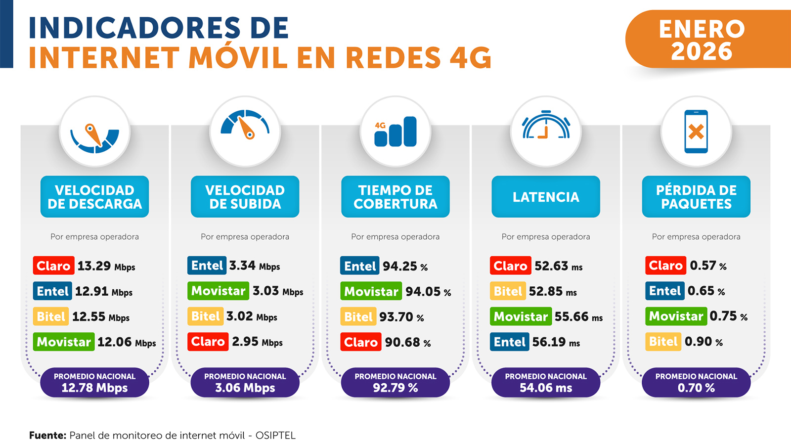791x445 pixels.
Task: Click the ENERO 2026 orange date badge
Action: coord(702,40)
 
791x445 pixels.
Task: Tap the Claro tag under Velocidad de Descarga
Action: coord(53,266)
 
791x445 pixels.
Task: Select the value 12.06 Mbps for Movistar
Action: coord(127,342)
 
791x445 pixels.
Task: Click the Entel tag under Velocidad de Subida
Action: coord(207,266)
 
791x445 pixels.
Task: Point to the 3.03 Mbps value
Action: coord(277,291)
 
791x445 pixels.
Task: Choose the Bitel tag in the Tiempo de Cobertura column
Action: coord(358,317)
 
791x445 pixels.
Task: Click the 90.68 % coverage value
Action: coord(407,342)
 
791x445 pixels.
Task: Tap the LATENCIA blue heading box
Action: coord(545,197)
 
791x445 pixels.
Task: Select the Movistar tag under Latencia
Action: coord(521,316)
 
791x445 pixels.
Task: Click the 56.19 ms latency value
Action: coord(556,342)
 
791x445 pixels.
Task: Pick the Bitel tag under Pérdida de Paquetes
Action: coord(663,342)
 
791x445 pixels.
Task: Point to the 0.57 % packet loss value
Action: coord(708,266)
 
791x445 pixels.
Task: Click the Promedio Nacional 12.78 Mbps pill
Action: coord(94,382)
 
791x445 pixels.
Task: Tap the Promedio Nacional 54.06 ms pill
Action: coord(545,382)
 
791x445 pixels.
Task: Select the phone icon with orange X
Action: coord(696,132)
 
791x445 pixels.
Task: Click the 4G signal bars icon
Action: coord(395,132)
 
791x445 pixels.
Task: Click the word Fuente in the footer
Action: coord(47,436)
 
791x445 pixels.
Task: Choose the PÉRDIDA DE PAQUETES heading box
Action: coord(696,197)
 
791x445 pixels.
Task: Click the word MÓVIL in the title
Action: coord(238,58)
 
